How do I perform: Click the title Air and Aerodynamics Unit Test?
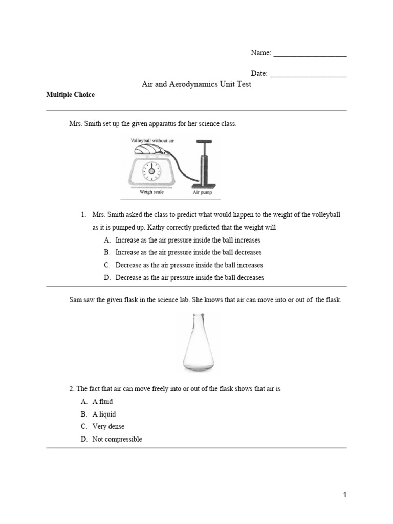tap(196, 84)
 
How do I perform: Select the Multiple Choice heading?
tap(70, 95)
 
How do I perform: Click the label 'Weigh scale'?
tap(152, 193)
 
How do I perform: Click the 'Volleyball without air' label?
tap(152, 140)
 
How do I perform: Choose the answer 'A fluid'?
tap(102, 402)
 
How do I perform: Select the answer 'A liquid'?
tap(104, 414)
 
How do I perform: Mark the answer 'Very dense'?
tap(108, 426)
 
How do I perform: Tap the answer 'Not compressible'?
tap(117, 439)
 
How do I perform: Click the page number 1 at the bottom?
tap(345, 495)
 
